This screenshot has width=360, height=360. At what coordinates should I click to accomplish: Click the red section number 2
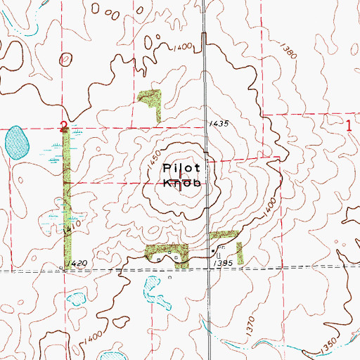(64, 125)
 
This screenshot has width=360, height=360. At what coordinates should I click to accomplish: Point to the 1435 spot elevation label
(219, 123)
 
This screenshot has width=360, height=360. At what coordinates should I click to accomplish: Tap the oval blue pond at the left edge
(16, 143)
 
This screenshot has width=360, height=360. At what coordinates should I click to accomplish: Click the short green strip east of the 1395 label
(240, 253)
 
